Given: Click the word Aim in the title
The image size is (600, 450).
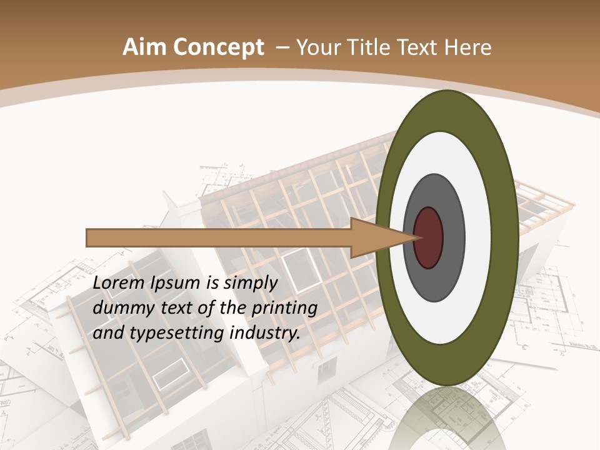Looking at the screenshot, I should [142, 47].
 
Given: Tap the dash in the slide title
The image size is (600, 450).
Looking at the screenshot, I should [282, 47].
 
